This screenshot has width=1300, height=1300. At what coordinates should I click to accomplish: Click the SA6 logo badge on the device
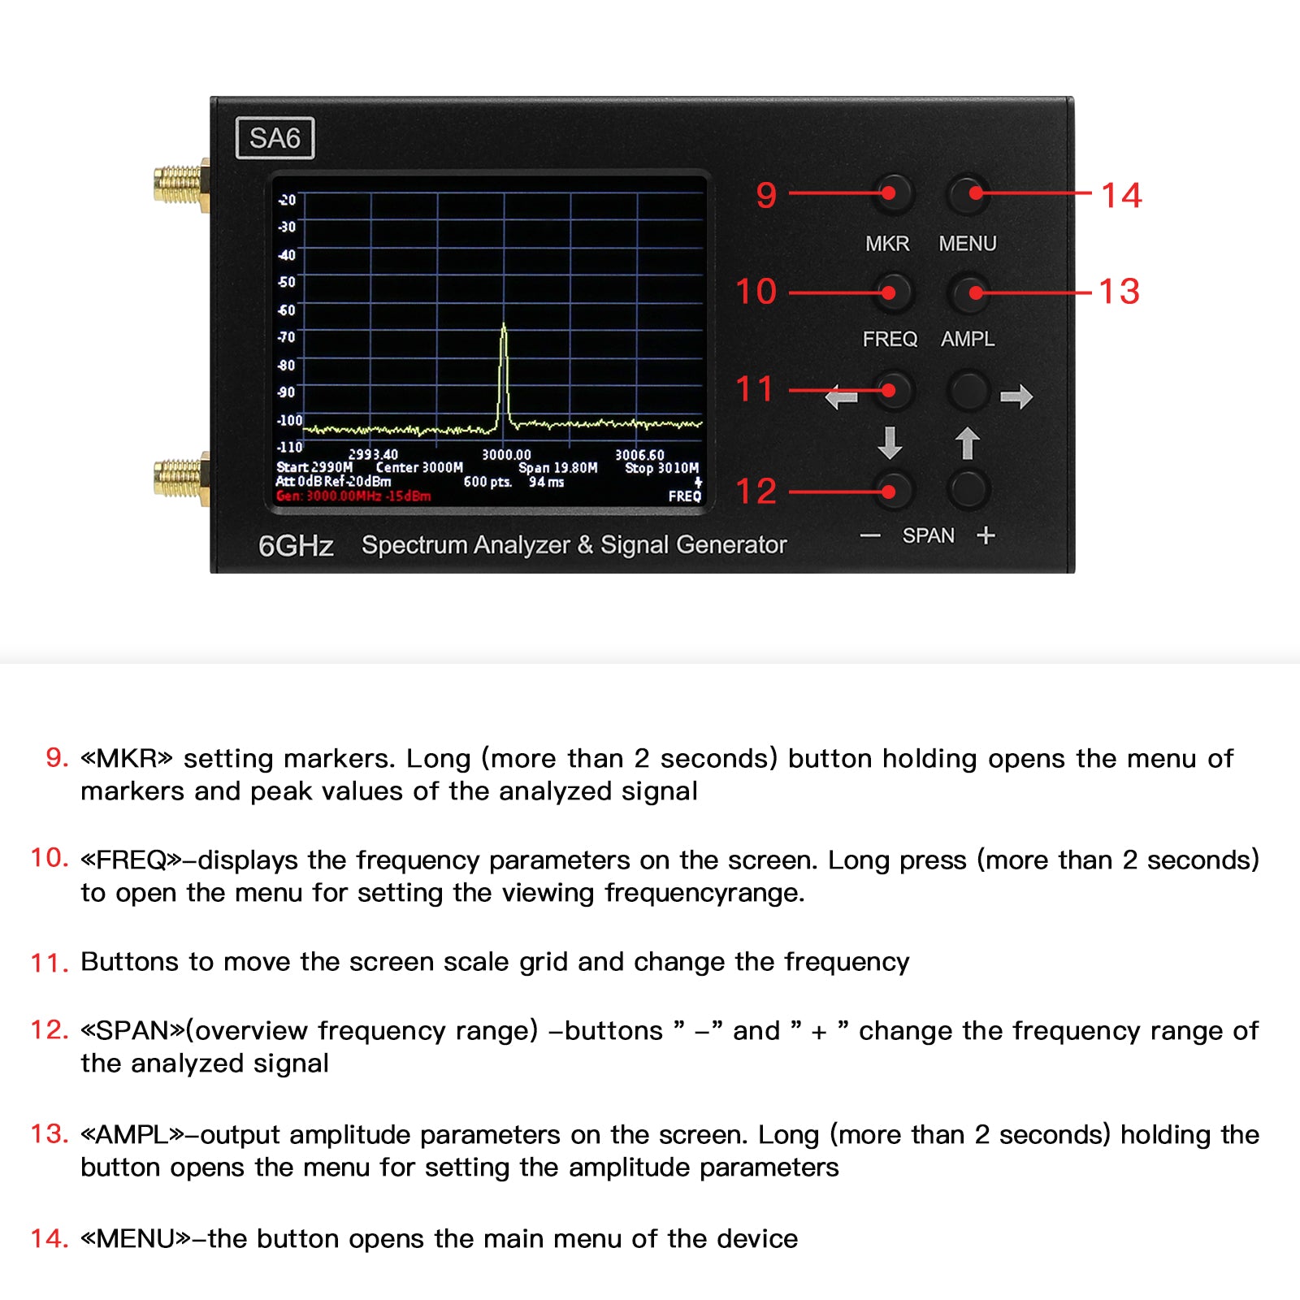[275, 138]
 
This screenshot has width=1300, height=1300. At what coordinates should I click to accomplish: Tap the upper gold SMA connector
[180, 184]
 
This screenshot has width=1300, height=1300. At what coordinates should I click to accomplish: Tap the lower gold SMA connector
[180, 478]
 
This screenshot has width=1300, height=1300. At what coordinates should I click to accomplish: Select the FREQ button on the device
[893, 292]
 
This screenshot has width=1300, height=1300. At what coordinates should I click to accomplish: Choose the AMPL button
[969, 292]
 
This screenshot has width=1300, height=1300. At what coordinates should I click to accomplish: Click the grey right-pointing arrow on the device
[1016, 396]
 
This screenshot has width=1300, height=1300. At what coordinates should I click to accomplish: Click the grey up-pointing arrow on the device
[967, 444]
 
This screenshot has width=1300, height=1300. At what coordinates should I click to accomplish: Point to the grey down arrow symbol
[890, 444]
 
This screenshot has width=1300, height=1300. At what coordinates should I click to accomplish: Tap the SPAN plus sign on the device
[986, 535]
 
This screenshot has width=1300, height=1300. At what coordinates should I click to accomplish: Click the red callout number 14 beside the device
[1121, 195]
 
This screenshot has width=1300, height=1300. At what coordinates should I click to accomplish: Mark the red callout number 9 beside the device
[766, 195]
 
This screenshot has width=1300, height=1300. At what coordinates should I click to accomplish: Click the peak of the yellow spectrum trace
[504, 324]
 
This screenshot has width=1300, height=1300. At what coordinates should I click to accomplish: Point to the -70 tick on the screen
[287, 336]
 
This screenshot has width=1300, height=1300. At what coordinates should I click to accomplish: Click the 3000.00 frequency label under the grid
[506, 455]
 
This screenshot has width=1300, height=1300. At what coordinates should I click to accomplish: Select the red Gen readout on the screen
[353, 496]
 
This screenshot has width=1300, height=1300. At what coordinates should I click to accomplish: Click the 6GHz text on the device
[296, 546]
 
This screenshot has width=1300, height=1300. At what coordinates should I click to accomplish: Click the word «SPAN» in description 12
[133, 1030]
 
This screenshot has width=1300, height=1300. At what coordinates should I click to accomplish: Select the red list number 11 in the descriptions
[50, 963]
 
